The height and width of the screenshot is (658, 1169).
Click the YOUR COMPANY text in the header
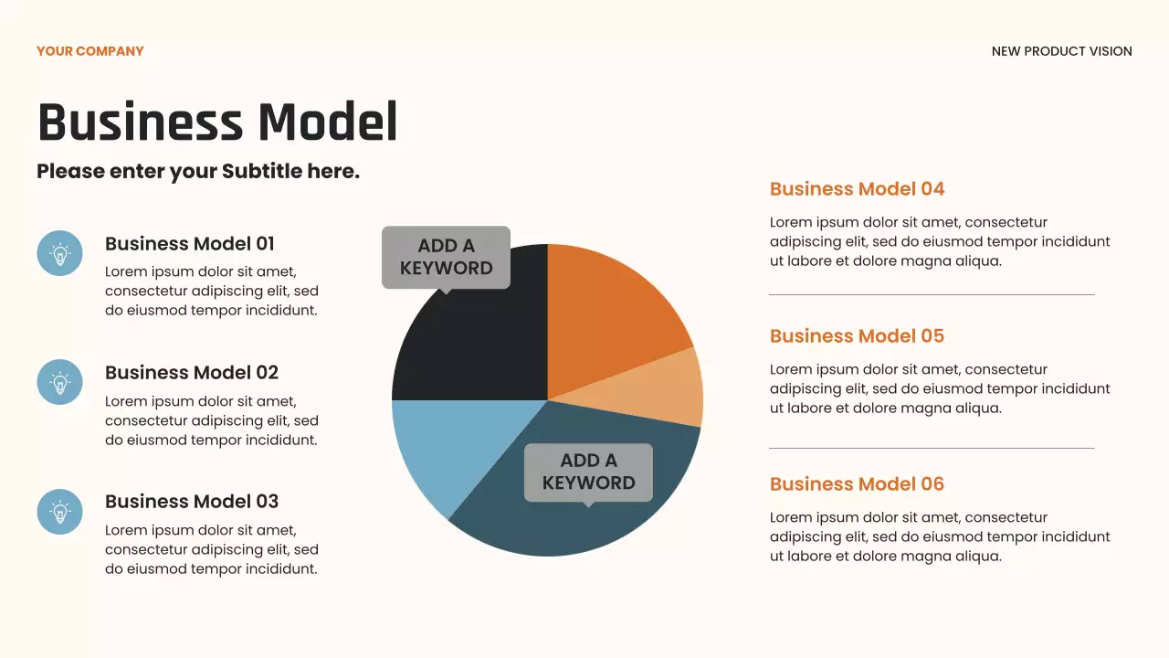[x=90, y=51]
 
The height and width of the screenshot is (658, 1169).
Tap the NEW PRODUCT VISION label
[x=1061, y=51]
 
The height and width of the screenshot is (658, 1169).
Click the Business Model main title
[x=217, y=122]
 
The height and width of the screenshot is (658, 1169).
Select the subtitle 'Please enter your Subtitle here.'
[x=198, y=171]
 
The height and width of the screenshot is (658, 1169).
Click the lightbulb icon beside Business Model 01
[x=59, y=253]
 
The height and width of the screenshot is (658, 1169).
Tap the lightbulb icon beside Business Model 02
[x=59, y=382]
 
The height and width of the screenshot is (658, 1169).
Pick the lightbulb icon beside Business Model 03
[x=59, y=512]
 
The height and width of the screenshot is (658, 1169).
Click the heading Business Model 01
[x=190, y=244]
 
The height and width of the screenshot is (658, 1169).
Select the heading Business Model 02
[x=192, y=373]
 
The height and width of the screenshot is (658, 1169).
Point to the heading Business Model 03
[x=192, y=502]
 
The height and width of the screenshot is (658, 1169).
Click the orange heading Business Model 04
[x=857, y=189]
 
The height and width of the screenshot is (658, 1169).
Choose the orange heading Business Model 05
[x=857, y=336]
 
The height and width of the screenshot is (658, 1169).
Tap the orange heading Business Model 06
[x=857, y=484]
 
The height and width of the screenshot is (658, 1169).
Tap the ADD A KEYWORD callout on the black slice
[x=446, y=257]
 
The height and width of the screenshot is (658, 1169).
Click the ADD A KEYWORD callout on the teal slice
[x=588, y=472]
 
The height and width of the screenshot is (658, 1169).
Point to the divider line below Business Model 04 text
[x=932, y=295]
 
